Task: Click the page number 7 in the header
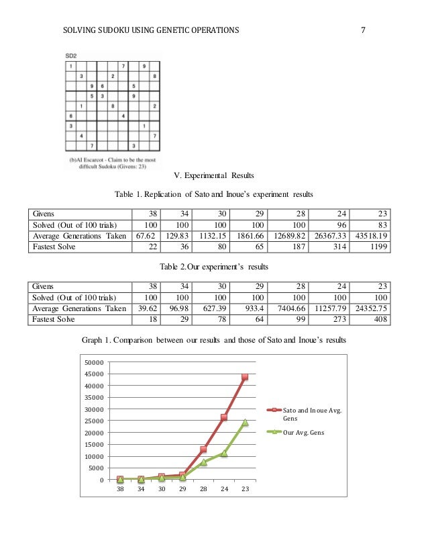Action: (363, 30)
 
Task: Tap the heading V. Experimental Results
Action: (213, 176)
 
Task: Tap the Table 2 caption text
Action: (213, 267)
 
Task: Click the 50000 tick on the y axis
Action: (95, 363)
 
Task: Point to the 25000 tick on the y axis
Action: (95, 421)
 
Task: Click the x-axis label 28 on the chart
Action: (203, 489)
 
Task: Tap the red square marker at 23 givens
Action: (245, 377)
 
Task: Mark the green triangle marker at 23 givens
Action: (245, 423)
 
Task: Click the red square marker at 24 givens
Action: (224, 417)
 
